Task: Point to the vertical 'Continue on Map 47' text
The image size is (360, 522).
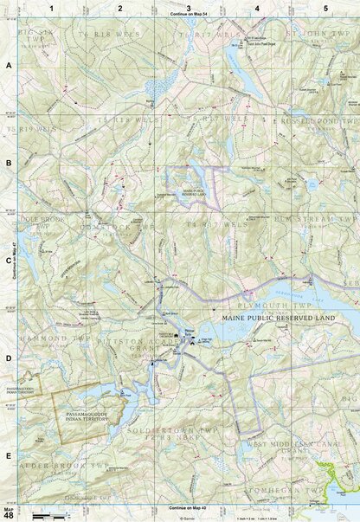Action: pyautogui.click(x=16, y=260)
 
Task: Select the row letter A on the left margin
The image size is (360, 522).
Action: pyautogui.click(x=8, y=66)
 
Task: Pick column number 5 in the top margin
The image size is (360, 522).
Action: pyautogui.click(x=325, y=8)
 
